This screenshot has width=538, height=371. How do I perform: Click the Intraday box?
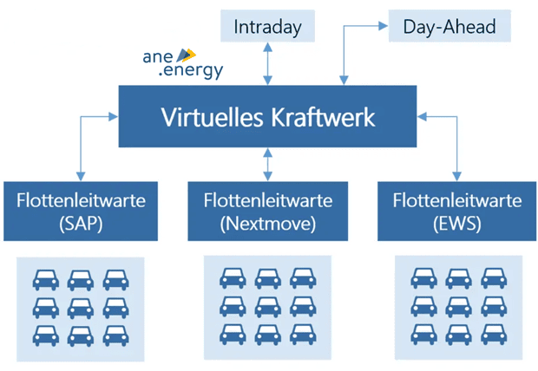[266, 26]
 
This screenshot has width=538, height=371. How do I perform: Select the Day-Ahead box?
[449, 26]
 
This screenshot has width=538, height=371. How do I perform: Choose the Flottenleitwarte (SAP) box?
[80, 212]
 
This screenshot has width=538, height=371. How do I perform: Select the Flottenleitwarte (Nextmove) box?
[268, 212]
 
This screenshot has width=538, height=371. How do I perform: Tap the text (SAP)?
[80, 223]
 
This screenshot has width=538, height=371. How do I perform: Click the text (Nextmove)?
[268, 223]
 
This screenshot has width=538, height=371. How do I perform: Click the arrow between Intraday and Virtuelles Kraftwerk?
[267, 64]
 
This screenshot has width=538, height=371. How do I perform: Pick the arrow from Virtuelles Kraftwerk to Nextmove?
[267, 163]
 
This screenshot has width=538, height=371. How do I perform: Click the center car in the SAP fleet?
[80, 308]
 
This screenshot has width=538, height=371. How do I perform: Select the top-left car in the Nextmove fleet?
[233, 278]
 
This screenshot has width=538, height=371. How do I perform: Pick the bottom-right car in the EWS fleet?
[493, 334]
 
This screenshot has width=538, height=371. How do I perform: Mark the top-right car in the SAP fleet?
[115, 279]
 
